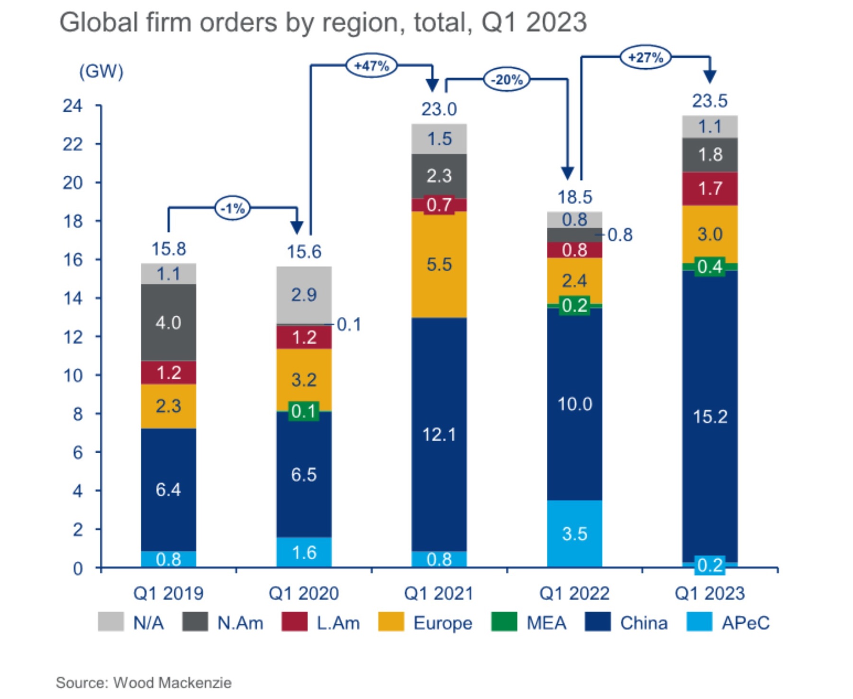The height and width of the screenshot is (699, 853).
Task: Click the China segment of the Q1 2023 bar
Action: [709, 417]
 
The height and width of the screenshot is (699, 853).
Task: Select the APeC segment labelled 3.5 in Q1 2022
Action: [574, 534]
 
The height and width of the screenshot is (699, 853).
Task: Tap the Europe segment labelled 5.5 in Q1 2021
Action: [439, 264]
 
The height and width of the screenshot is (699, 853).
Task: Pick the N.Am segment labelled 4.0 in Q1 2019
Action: [168, 323]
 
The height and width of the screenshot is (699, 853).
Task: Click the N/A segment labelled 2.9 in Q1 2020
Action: [304, 295]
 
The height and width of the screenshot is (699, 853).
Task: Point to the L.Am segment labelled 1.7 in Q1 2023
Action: [709, 188]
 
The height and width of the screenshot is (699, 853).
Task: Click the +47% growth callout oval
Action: [372, 65]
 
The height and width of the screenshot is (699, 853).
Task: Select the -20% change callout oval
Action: [506, 79]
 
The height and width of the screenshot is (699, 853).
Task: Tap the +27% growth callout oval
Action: [645, 57]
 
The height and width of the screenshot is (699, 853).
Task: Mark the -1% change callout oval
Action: [233, 208]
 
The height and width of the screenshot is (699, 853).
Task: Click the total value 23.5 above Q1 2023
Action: [709, 101]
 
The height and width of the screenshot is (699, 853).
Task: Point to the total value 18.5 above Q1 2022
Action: [574, 197]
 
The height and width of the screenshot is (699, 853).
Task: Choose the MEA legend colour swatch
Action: [504, 622]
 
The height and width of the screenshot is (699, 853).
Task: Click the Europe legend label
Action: [443, 623]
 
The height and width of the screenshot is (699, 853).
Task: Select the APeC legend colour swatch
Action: [699, 622]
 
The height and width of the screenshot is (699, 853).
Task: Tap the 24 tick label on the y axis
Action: [73, 106]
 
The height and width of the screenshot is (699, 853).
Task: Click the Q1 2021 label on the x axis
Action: [439, 593]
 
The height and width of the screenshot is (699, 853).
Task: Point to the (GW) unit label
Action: [101, 72]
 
